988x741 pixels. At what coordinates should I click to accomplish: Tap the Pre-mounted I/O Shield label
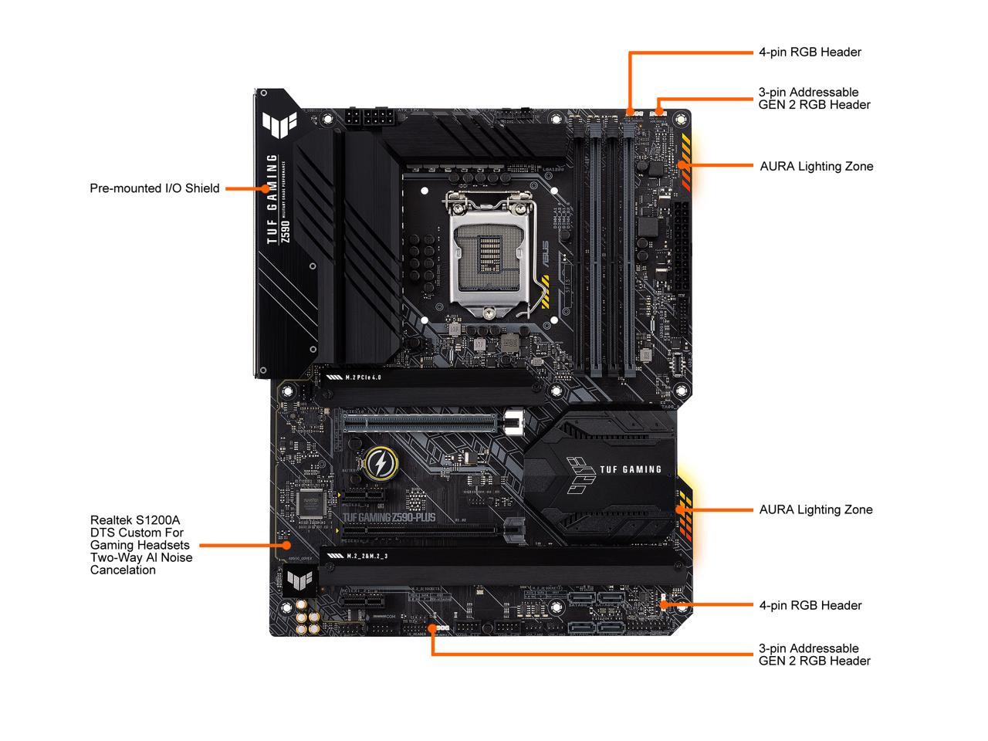(154, 188)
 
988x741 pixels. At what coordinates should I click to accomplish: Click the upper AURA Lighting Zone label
(816, 166)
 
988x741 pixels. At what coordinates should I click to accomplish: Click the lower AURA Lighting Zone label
(815, 509)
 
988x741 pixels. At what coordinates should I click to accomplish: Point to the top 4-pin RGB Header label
(810, 52)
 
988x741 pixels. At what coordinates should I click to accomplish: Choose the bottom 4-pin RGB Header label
(810, 605)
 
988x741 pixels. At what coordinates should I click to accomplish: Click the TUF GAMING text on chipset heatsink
(630, 469)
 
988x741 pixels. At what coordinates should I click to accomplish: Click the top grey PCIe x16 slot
(421, 421)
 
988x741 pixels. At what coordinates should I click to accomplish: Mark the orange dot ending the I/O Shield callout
(265, 188)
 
